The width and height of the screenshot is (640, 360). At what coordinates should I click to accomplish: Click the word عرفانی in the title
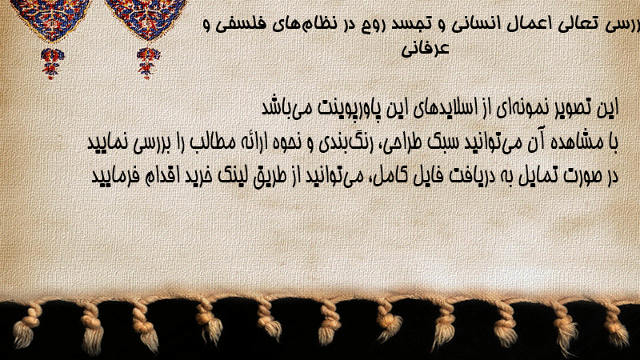pyautogui.click(x=425, y=49)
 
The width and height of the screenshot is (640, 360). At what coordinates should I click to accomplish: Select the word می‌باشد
pyautogui.click(x=282, y=108)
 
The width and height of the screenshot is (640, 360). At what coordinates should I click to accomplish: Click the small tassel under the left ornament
pyautogui.click(x=52, y=63)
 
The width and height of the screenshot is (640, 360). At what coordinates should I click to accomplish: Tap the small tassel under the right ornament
pyautogui.click(x=148, y=63)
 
